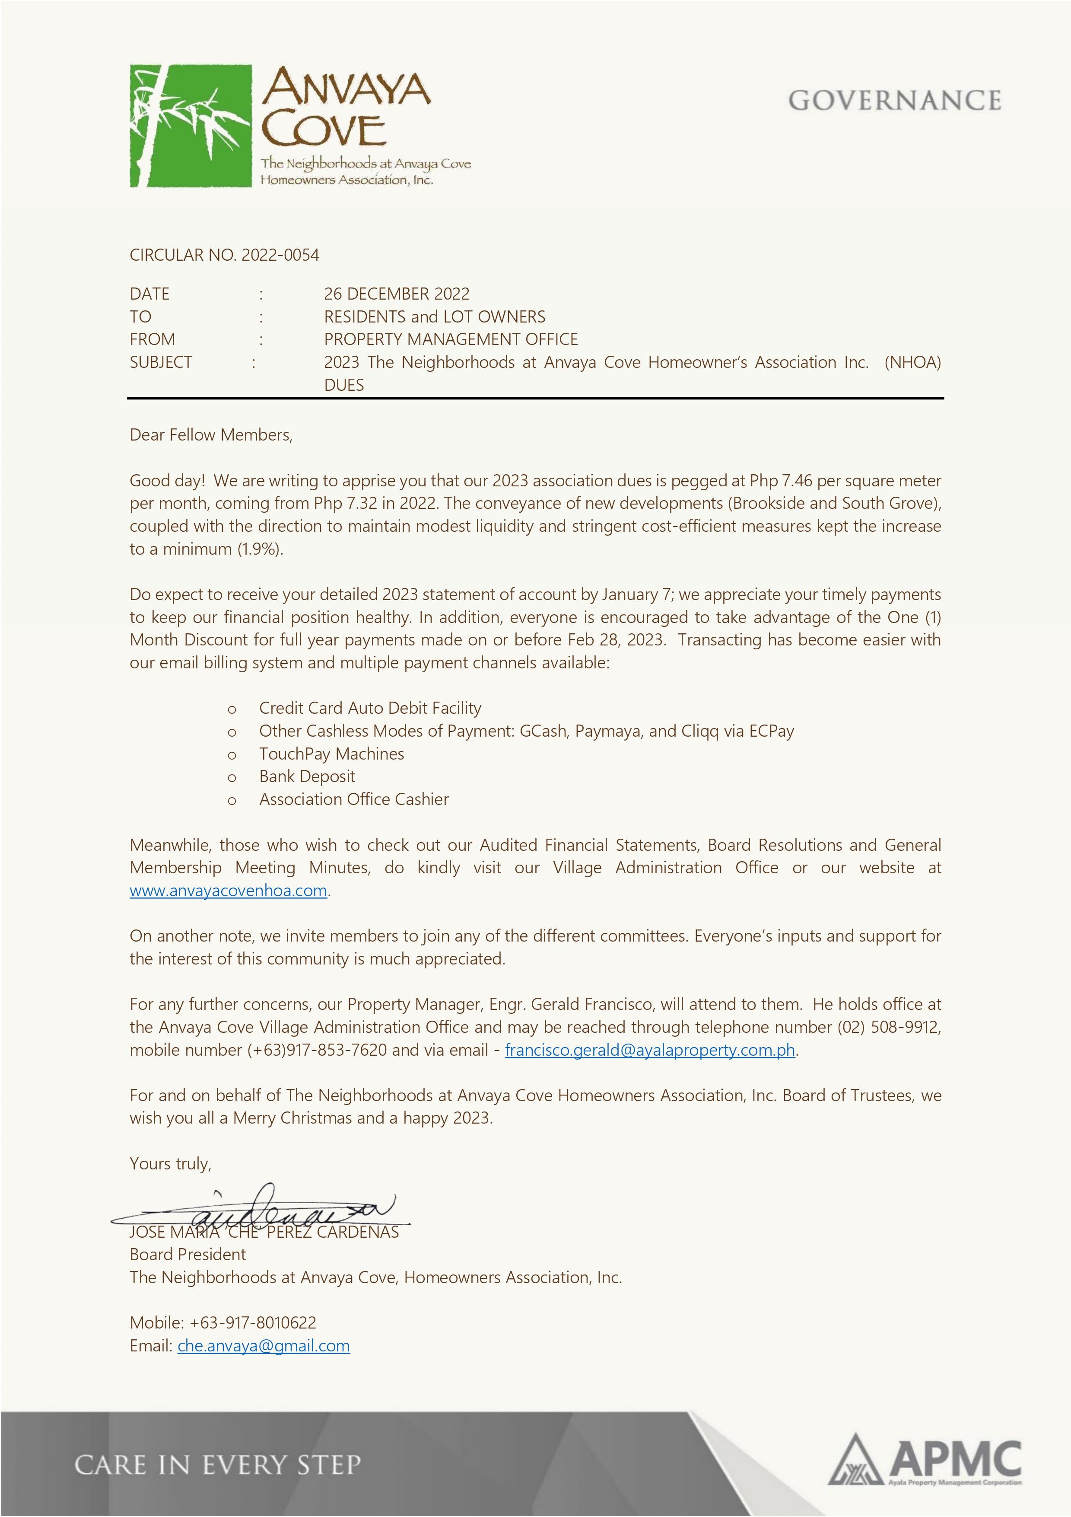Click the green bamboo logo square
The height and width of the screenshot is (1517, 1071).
(x=190, y=125)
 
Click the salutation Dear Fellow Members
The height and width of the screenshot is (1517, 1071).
(x=211, y=435)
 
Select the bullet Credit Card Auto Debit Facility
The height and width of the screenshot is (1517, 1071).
(x=370, y=708)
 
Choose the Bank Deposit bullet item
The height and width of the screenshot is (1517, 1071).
(x=307, y=776)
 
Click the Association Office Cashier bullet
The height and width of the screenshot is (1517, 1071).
(x=354, y=799)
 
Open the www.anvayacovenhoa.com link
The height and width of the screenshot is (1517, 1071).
(x=229, y=891)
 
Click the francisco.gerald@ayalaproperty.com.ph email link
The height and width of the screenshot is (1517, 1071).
(x=650, y=1050)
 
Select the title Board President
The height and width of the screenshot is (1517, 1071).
(x=188, y=1255)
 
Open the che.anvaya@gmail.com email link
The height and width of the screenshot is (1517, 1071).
(x=264, y=1346)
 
